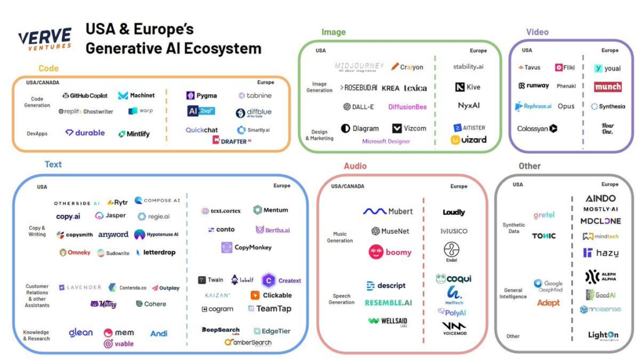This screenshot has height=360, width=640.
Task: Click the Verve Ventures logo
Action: click(44, 39)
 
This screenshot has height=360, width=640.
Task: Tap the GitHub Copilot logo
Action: click(85, 96)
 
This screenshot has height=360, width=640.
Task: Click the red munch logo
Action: click(607, 87)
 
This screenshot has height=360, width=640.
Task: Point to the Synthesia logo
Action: click(607, 106)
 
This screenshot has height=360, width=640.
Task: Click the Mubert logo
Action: click(387, 211)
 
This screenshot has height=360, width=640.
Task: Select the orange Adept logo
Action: click(548, 303)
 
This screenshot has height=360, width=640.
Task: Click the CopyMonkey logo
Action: click(246, 247)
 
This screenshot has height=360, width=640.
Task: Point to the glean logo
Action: click(81, 332)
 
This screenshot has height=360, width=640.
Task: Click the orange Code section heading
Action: click(48, 68)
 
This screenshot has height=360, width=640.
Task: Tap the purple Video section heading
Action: click(537, 32)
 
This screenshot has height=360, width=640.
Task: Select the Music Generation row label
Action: click(340, 237)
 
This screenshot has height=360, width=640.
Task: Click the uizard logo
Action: click(468, 139)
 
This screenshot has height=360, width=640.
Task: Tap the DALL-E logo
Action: click(359, 107)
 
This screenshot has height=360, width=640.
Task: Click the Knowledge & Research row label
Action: click(36, 336)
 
